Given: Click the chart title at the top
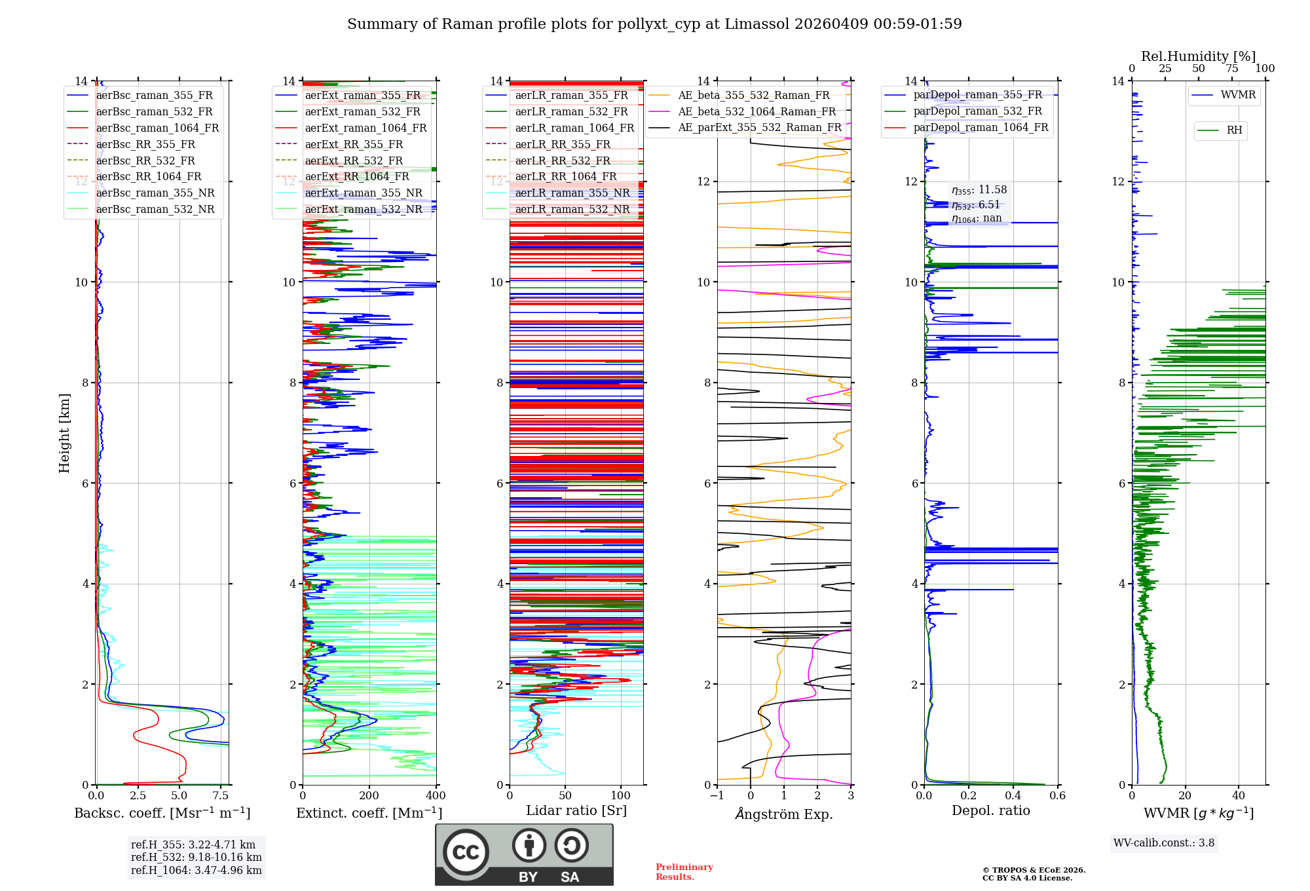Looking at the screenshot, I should click(x=654, y=24).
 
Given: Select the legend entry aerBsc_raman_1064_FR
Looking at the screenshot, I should click(x=157, y=128).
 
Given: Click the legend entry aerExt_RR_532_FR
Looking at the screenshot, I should click(x=354, y=161).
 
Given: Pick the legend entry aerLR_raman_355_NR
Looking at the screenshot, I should click(x=572, y=193).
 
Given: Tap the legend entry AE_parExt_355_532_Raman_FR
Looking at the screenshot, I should click(x=759, y=127).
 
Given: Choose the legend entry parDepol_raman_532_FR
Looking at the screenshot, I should click(x=977, y=111).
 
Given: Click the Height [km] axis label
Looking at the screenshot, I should click(x=64, y=432).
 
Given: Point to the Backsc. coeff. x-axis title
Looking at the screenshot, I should click(x=162, y=813).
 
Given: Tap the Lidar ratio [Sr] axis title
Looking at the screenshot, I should click(x=576, y=810).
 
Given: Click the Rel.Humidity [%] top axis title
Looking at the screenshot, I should click(x=1198, y=56).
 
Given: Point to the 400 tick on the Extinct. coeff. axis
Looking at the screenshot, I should click(x=436, y=796).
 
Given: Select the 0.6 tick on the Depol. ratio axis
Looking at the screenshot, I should click(x=1057, y=796).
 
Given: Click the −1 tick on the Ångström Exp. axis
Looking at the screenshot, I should click(x=717, y=796).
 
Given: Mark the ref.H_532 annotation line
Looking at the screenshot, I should click(x=196, y=857).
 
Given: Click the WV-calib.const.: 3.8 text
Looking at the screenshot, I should click(x=1164, y=843).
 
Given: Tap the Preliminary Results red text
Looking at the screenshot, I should click(x=684, y=871).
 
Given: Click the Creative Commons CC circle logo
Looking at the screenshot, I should click(x=466, y=852).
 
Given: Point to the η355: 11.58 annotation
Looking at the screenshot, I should click(x=979, y=190).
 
